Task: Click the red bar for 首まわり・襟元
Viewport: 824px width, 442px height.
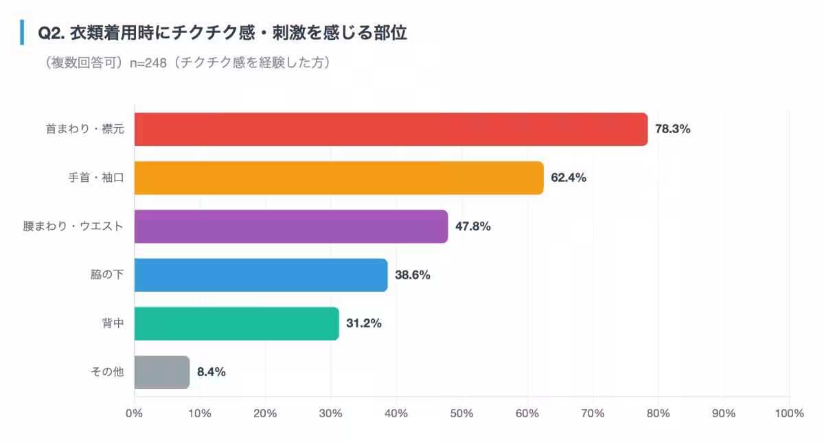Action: [x=391, y=129]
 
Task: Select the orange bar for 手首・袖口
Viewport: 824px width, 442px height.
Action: [x=339, y=178]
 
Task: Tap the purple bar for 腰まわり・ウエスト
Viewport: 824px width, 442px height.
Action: [x=291, y=226]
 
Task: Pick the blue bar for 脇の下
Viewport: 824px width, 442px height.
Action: [x=261, y=275]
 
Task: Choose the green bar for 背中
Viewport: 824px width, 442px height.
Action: [x=236, y=324]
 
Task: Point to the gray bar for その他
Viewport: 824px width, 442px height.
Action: [x=161, y=373]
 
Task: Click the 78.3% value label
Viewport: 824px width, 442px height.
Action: [x=672, y=129]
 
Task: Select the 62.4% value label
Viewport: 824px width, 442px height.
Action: [x=568, y=178]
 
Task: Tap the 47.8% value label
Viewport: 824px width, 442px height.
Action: [x=472, y=226]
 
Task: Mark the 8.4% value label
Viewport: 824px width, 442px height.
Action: [x=211, y=373]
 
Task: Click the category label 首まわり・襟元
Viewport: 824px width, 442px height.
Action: [x=84, y=129]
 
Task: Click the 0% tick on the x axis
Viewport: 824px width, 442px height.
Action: [x=134, y=413]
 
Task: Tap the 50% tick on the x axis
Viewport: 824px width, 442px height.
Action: [x=462, y=413]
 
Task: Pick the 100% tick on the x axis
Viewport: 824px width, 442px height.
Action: [x=789, y=413]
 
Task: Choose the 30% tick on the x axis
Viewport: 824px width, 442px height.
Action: [x=331, y=413]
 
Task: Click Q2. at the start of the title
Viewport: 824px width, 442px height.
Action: [x=51, y=33]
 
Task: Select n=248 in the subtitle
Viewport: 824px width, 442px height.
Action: [x=148, y=63]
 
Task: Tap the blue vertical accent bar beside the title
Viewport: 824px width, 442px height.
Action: [x=22, y=32]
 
